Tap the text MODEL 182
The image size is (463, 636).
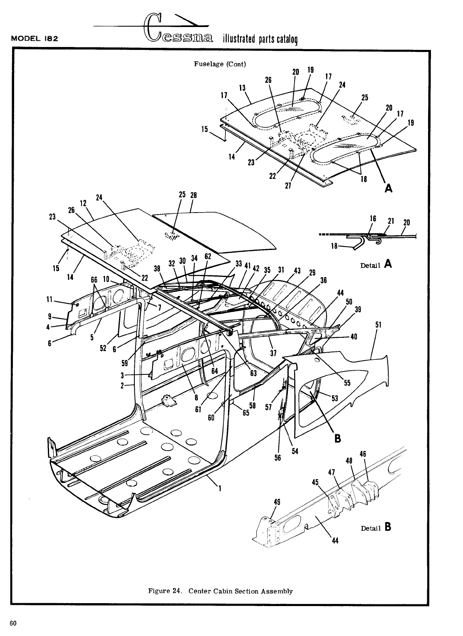tap(34, 39)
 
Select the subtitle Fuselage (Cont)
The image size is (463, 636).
tap(220, 64)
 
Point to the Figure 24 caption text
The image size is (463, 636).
tap(220, 591)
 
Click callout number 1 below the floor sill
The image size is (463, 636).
tap(220, 489)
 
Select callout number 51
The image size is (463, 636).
tap(378, 324)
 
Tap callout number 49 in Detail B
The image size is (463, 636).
tap(276, 501)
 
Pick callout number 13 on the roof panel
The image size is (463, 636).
tap(242, 88)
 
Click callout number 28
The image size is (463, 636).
tap(193, 195)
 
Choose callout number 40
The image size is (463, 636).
tap(354, 337)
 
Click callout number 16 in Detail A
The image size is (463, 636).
tap(373, 218)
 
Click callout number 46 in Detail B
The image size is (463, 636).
tap(363, 454)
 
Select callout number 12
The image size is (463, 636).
tap(83, 203)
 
